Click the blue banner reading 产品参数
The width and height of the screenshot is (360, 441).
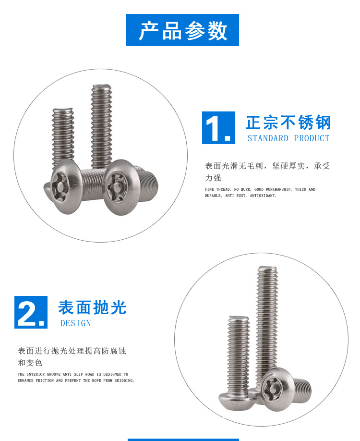(182, 30)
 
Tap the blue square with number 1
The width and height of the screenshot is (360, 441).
(218, 128)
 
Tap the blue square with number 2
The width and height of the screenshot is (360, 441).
(31, 312)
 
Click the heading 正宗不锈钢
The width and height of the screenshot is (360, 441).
(288, 122)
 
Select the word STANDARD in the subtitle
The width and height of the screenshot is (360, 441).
(268, 138)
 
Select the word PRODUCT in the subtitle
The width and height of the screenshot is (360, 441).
(312, 138)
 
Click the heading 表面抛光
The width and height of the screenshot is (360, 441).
(93, 307)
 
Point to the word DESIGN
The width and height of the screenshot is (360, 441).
(75, 323)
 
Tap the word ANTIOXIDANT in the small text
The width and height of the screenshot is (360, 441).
(263, 196)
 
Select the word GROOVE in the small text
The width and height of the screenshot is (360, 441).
(54, 374)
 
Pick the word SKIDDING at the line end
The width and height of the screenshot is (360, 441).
(124, 380)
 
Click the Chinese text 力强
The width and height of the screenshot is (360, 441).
(213, 178)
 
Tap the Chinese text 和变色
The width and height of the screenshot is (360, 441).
(30, 363)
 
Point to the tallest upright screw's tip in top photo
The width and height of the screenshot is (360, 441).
(101, 86)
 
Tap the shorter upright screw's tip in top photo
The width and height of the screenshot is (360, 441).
(63, 110)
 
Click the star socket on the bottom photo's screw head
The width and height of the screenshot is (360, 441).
(272, 390)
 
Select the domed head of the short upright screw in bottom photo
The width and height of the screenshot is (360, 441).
(237, 399)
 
